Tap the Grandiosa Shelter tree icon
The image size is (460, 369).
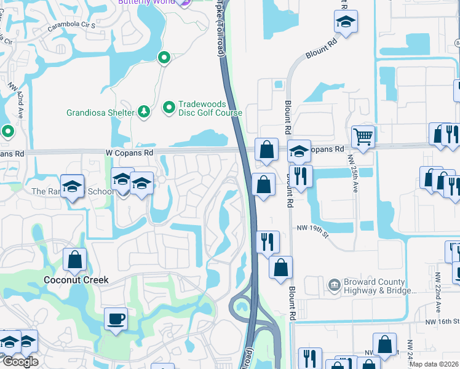[x=143, y=111]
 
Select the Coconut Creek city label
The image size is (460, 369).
[x=76, y=280]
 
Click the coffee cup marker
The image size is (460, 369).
[x=116, y=319]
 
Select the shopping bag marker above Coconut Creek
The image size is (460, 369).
[x=75, y=260]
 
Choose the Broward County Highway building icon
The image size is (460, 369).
[x=334, y=285]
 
